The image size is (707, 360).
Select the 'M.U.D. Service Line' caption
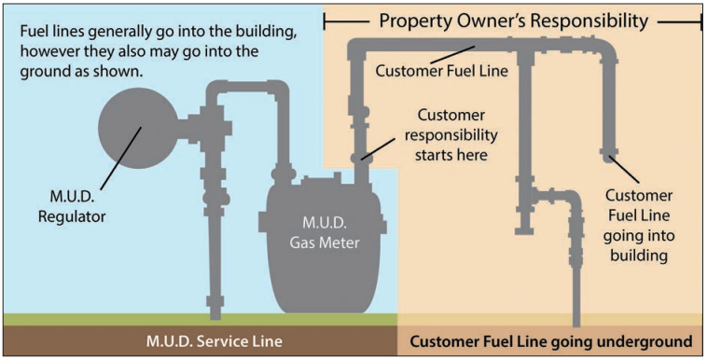pos(199,340)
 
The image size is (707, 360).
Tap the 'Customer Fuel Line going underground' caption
pos(551,340)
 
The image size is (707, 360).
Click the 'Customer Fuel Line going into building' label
pos(639,224)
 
